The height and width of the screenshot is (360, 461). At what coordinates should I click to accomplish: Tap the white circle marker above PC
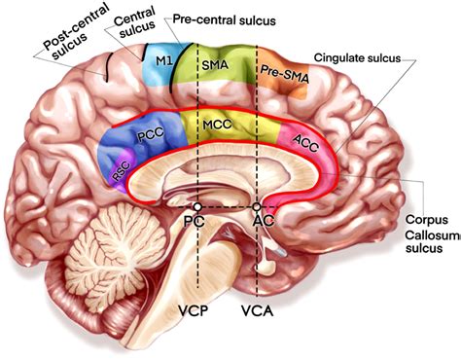[x=198, y=207]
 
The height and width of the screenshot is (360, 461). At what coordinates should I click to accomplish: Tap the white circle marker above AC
[x=258, y=207]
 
